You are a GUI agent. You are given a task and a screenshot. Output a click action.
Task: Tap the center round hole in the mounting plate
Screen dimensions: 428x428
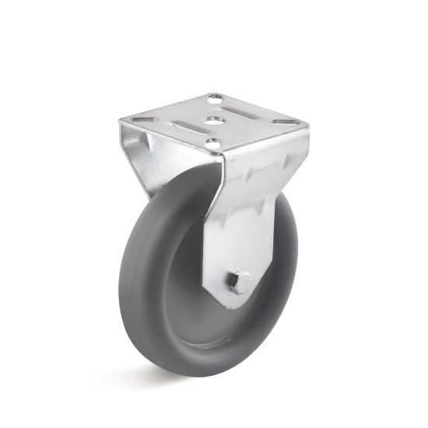(x=212, y=121)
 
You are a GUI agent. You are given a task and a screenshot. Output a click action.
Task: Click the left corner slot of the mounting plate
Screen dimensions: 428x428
(x=142, y=120)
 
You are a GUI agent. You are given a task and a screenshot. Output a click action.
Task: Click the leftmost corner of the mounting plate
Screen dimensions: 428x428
(x=119, y=120)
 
